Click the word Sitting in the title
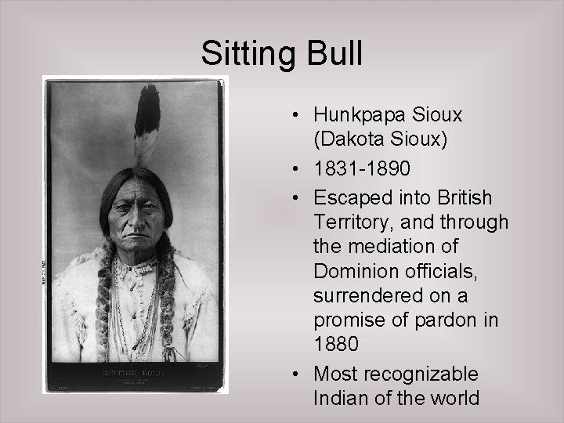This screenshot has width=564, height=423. coord(245,53)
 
